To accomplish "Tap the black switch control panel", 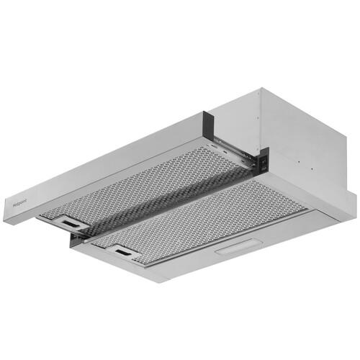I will [264, 160].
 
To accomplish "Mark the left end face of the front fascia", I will [6, 212].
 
